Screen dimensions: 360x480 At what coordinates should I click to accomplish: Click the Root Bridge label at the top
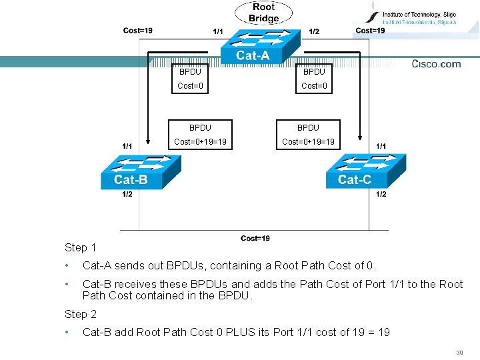pos(263,13)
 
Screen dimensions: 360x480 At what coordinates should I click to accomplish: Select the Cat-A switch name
pos(253,56)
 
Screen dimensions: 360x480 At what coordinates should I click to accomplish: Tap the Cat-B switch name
pos(131,179)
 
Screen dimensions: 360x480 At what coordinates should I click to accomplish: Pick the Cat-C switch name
pos(355,179)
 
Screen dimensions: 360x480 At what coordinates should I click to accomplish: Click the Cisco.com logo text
pos(436,64)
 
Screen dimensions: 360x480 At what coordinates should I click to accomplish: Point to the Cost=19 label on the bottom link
pos(255,239)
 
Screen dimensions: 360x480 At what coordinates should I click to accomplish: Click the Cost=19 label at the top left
pos(137,30)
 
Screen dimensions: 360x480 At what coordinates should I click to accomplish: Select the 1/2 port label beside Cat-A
pos(314,31)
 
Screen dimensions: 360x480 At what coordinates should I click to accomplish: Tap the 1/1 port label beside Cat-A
pos(218,31)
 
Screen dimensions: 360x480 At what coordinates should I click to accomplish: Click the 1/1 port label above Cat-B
pos(127,145)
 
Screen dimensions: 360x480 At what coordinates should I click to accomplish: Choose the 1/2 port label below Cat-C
pos(381,194)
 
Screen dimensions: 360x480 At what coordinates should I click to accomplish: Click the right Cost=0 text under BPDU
pos(314,85)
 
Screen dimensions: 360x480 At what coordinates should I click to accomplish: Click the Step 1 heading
pos(81,247)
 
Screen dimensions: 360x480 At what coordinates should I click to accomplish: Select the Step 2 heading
pos(81,314)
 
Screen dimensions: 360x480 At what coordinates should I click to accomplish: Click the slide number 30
pos(459,353)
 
